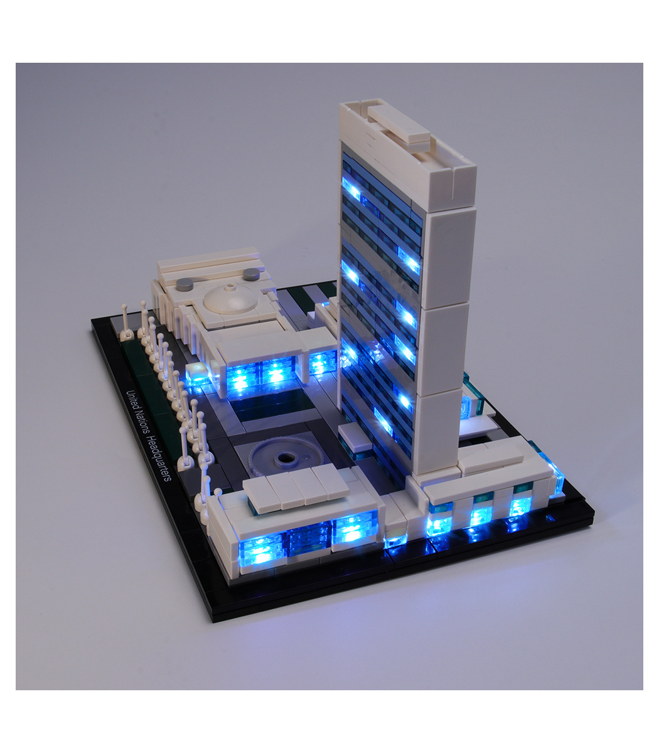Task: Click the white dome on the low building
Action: (231, 299)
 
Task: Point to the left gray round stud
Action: (185, 284)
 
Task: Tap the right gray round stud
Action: (251, 273)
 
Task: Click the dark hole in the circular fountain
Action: (284, 458)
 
